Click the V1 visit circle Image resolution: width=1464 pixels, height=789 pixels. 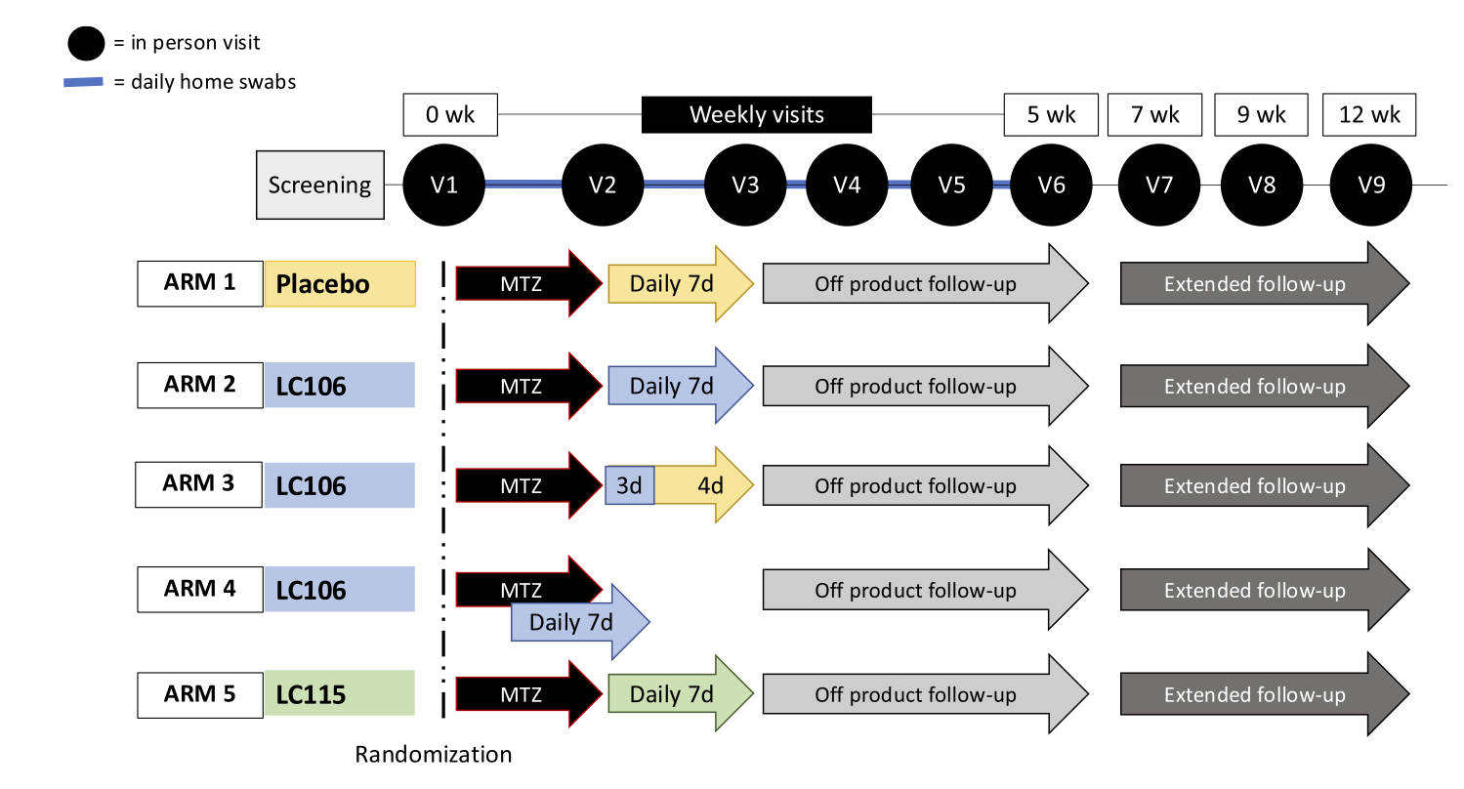444,186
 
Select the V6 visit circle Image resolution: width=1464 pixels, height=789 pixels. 1051,186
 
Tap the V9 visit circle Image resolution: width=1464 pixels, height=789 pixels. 1371,186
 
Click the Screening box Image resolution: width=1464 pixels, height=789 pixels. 319,186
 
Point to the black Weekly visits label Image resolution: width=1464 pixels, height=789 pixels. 756,115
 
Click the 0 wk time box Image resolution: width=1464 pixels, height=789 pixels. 450,115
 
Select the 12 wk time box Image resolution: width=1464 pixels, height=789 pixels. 1369,115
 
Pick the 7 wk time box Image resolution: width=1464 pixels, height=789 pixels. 1156,115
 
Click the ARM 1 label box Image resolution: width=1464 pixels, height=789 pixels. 200,283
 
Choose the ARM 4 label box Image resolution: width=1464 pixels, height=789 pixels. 200,589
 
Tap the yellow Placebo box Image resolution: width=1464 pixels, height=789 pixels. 340,284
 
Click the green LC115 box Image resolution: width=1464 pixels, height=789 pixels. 340,694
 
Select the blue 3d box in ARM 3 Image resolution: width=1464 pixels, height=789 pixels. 630,485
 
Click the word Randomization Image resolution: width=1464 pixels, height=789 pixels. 433,755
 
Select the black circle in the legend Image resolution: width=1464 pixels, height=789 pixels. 86,43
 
